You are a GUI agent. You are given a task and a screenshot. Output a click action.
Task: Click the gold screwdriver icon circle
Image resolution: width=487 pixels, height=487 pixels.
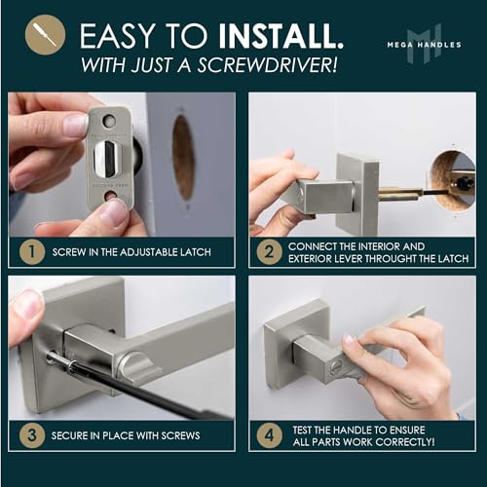tap(45, 34)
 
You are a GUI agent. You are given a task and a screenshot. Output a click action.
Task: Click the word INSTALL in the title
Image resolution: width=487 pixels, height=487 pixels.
tap(281, 35)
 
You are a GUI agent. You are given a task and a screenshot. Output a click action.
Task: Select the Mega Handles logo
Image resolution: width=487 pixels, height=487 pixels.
tap(425, 44)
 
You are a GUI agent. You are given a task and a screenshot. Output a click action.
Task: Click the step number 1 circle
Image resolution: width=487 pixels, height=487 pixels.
tap(32, 251)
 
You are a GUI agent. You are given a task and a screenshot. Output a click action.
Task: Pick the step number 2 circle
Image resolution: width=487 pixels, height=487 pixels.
tap(269, 251)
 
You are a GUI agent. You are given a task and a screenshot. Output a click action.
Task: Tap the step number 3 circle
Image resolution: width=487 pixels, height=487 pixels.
tap(32, 435)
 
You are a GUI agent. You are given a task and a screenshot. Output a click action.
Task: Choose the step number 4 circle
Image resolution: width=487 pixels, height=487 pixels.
tap(269, 435)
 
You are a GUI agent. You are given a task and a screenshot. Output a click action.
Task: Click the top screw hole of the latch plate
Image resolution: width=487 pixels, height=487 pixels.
tap(109, 121)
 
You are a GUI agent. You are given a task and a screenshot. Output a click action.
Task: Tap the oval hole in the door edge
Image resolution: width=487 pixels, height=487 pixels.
tap(183, 158)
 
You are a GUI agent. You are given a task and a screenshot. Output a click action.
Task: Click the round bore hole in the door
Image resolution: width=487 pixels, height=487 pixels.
tap(454, 181)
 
